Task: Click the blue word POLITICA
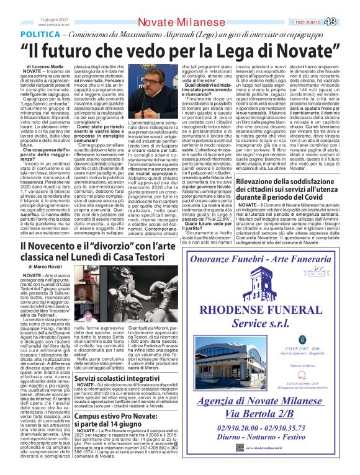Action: point(40,33)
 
